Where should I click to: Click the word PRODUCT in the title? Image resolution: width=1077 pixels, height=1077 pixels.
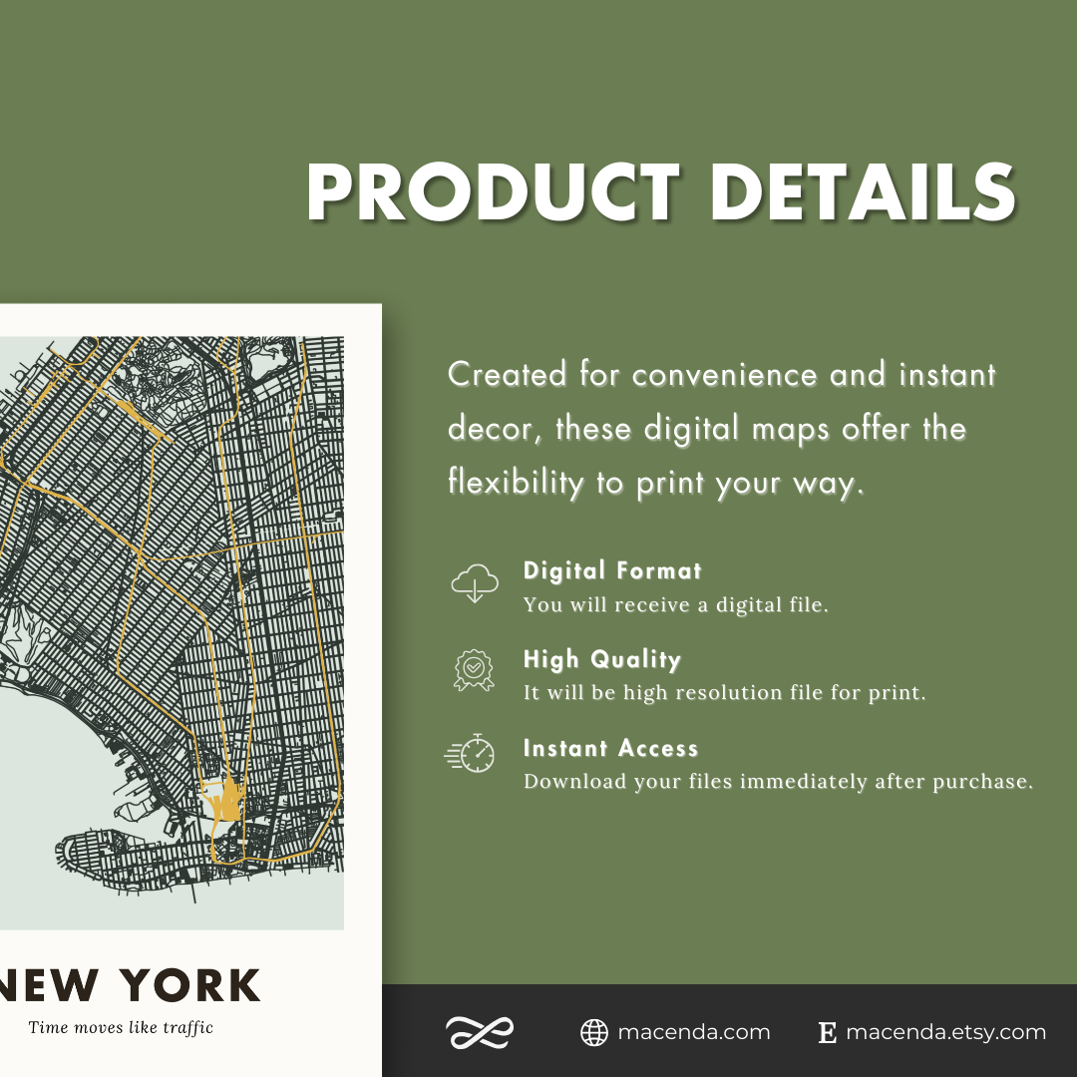pyautogui.click(x=493, y=191)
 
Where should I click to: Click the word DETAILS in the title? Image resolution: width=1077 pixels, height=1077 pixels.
pyautogui.click(x=863, y=191)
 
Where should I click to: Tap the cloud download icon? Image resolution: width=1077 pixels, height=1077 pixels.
pyautogui.click(x=475, y=583)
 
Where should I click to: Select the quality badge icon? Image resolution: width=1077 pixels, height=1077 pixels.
pyautogui.click(x=475, y=670)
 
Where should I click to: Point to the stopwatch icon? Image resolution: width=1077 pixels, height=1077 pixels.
pyautogui.click(x=472, y=754)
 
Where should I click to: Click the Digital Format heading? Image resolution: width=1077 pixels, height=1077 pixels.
pyautogui.click(x=612, y=571)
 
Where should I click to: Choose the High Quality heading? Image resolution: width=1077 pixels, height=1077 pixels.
pyautogui.click(x=602, y=660)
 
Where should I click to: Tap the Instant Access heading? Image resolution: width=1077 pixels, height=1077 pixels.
pyautogui.click(x=610, y=749)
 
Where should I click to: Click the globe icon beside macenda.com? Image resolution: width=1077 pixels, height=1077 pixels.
pyautogui.click(x=594, y=1033)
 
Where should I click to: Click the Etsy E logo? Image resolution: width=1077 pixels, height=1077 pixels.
pyautogui.click(x=827, y=1033)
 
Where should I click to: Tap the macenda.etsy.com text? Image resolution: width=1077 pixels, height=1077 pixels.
pyautogui.click(x=945, y=1033)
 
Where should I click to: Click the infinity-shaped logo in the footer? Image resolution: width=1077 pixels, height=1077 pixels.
pyautogui.click(x=479, y=1033)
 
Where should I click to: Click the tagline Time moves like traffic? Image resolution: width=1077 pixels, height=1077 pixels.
pyautogui.click(x=121, y=1027)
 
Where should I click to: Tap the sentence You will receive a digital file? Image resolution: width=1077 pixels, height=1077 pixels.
pyautogui.click(x=675, y=605)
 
